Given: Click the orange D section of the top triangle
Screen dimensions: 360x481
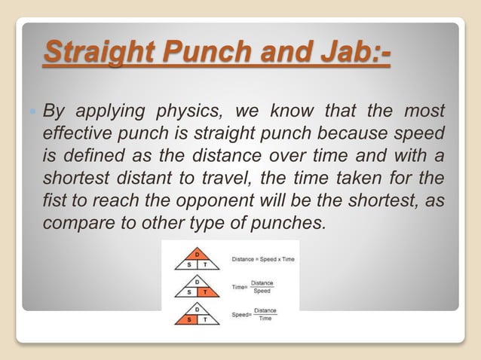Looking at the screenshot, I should tap(197, 254).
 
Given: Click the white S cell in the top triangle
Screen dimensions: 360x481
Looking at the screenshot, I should tap(188, 264).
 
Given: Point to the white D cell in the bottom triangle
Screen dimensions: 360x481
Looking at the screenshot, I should tap(197, 310).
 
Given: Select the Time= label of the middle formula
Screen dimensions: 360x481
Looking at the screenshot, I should tap(240, 288).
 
